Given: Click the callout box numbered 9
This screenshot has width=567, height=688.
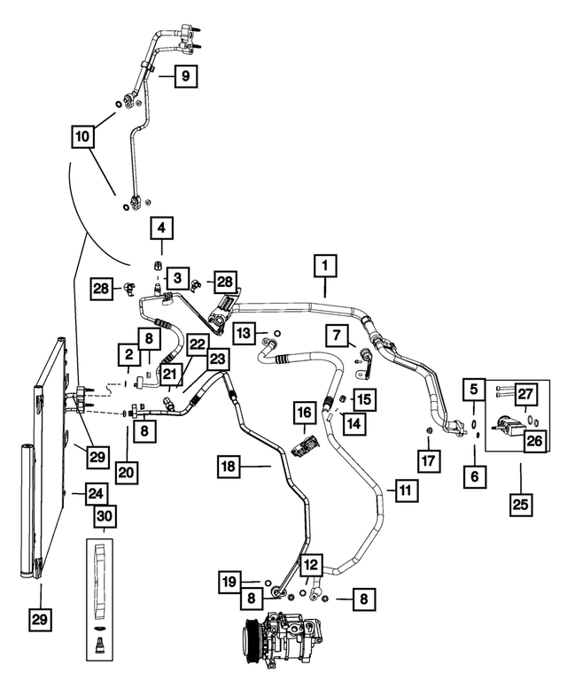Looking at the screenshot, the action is point(186,76).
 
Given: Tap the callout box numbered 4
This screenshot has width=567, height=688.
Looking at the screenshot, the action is point(161,228).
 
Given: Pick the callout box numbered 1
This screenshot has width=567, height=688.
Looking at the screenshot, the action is point(325,266).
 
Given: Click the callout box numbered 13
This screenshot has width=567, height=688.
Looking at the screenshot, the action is point(244,334).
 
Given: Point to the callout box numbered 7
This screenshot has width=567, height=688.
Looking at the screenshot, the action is point(336,336).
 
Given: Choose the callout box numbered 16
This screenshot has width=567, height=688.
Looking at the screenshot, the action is point(305,413).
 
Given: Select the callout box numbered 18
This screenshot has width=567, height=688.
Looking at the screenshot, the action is point(229,466).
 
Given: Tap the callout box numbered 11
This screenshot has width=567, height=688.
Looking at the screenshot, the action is point(406,491).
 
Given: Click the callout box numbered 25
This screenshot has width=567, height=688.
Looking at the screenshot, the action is point(520,504).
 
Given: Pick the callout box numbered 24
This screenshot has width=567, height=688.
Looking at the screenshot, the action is point(96,493).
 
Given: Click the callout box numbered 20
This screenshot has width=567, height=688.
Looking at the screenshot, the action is point(128,472).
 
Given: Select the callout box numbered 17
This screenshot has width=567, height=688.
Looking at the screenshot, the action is point(429,460).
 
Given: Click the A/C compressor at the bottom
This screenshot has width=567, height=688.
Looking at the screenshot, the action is point(283,635).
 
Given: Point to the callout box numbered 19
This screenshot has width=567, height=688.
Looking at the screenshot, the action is point(230,583).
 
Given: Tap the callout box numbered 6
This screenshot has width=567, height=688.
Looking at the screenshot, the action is point(475,475).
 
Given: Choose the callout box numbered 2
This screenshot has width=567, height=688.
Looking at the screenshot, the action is point(128,354).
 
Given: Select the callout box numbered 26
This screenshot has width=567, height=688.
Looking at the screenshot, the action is point(535,440).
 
